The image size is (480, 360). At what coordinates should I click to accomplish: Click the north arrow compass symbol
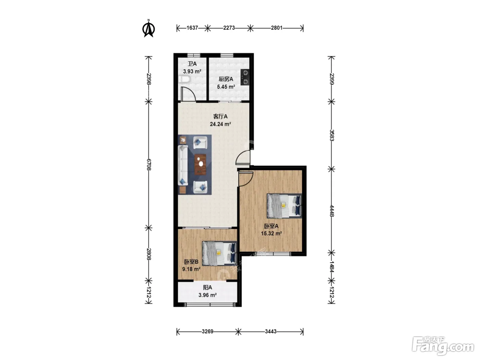point(149,28)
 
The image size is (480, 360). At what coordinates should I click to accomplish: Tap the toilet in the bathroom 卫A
point(184,79)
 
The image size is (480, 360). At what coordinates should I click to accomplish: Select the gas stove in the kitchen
point(245,77)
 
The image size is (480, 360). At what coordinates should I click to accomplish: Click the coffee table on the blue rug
point(200,165)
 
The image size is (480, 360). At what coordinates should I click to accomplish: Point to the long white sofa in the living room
point(183,166)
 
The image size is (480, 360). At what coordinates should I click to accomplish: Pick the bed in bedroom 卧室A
point(284,206)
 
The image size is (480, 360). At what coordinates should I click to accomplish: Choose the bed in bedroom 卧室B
point(219,253)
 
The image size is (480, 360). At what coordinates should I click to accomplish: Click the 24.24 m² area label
point(220,124)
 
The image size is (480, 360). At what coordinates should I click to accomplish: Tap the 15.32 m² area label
point(271,233)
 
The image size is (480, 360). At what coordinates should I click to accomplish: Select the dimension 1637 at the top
point(192,28)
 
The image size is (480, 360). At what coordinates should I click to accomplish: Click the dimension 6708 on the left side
point(149,165)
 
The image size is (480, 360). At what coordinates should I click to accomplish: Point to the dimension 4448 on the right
point(332,211)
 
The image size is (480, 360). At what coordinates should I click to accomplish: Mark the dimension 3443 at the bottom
point(271,332)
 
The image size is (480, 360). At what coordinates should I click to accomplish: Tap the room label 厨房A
point(226,79)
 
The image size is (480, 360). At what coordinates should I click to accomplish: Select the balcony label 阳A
point(207,288)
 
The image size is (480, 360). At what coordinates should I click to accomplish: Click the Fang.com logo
point(443,346)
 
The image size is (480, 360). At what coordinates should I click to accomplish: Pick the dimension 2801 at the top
point(277,28)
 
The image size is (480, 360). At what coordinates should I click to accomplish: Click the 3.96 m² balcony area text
point(207,295)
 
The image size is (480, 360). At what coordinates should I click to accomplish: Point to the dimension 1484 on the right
point(332,267)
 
